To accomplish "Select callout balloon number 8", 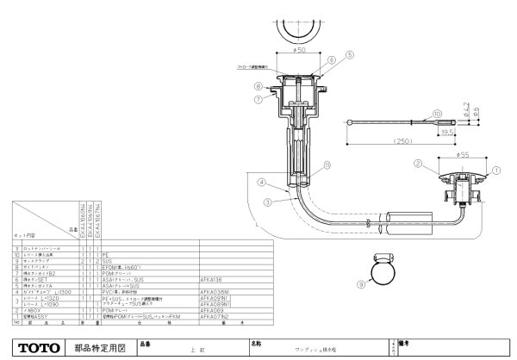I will [x=257, y=85].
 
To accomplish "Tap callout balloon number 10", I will [x=438, y=113].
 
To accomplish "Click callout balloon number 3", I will [x=267, y=201].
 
